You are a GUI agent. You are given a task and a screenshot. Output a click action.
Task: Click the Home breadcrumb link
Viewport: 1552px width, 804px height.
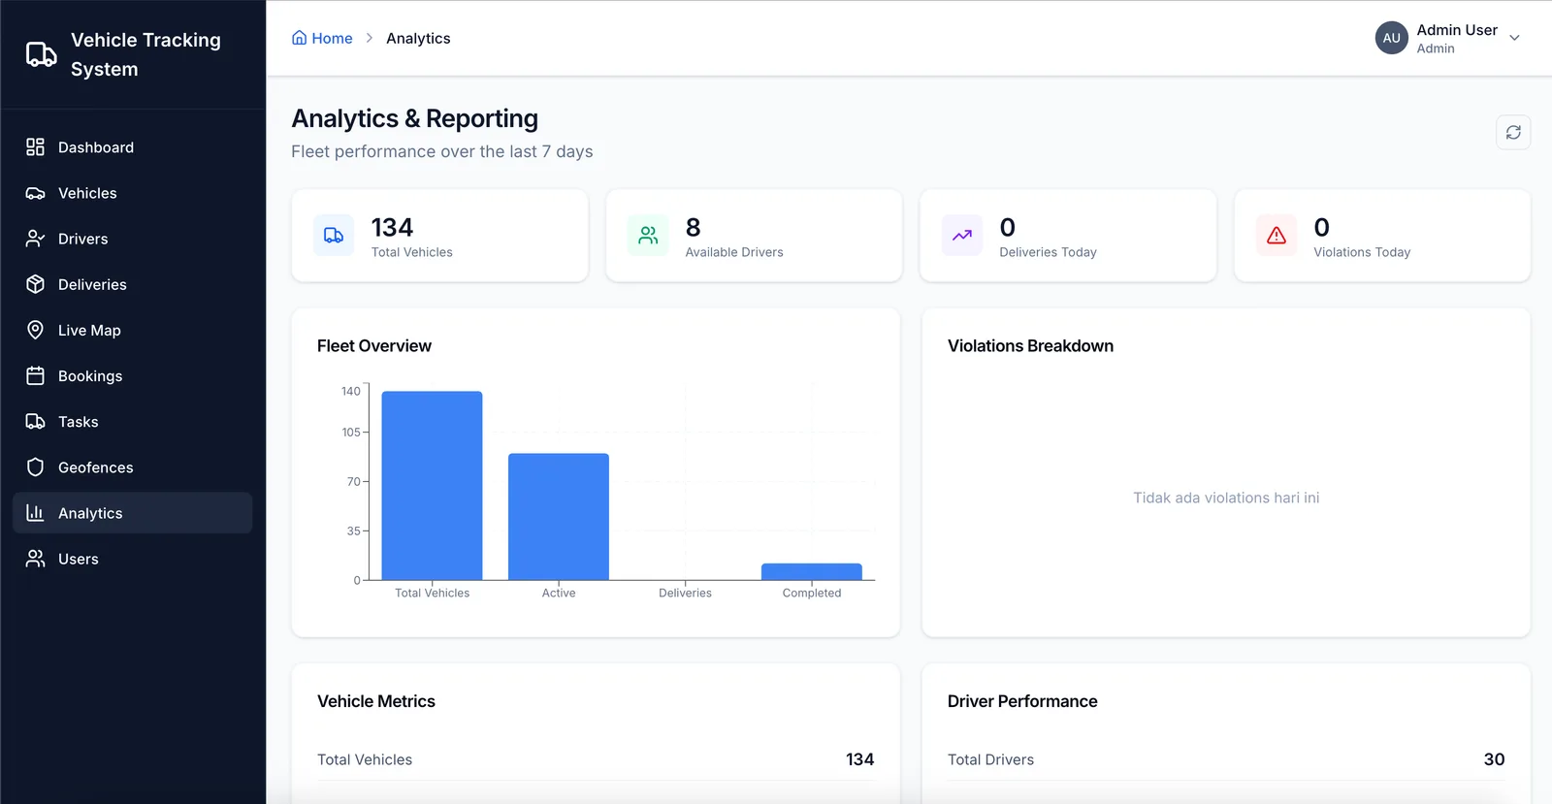point(322,38)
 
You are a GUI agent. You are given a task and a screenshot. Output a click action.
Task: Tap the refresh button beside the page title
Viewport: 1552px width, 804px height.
point(1513,132)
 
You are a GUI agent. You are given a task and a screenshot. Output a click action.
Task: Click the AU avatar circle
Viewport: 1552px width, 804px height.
point(1391,38)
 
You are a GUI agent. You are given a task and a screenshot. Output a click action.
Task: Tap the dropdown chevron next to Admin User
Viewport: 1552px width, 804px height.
point(1514,38)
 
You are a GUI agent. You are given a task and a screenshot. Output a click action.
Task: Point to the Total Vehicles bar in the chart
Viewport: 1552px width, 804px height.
point(432,486)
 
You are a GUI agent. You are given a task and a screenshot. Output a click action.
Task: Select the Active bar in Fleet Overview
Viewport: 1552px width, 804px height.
point(559,517)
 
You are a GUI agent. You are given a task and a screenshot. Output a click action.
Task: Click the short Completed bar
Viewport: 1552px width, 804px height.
point(811,571)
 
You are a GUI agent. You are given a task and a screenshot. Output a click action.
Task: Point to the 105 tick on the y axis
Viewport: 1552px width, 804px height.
point(351,433)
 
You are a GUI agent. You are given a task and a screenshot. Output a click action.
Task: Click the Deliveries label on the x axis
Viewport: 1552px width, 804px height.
point(685,593)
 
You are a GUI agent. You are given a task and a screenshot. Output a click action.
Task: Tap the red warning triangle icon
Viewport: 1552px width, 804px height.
point(1277,236)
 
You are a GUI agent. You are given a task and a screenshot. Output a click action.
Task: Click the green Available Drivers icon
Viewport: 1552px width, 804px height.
point(648,236)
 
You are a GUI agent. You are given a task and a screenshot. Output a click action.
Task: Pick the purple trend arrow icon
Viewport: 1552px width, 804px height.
point(961,236)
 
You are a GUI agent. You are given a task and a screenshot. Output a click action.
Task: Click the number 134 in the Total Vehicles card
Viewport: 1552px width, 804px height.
point(392,227)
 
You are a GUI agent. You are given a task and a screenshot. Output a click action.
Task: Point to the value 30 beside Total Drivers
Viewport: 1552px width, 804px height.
point(1494,759)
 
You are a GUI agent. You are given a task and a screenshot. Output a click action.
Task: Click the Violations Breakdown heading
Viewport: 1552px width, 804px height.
point(1030,345)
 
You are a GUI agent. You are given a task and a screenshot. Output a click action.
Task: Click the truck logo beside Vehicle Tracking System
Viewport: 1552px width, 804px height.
point(42,54)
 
